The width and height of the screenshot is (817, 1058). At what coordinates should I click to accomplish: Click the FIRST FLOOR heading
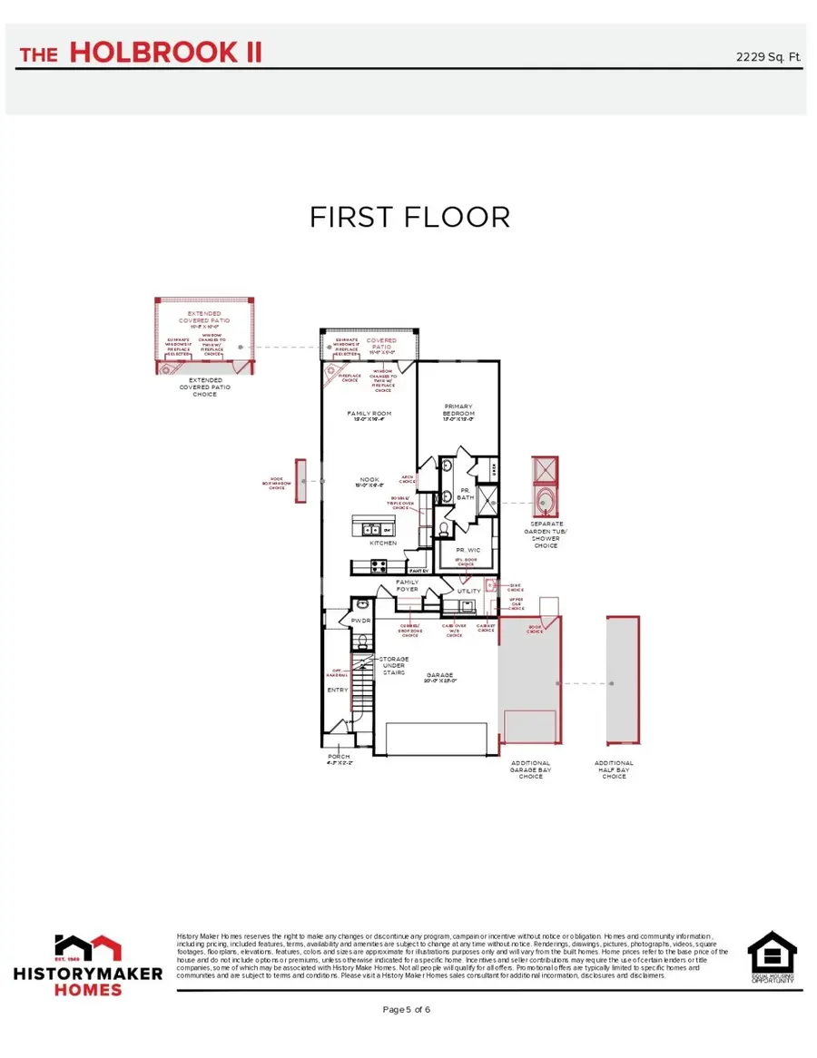click(409, 218)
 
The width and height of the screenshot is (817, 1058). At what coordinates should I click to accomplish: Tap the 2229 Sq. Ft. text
click(768, 57)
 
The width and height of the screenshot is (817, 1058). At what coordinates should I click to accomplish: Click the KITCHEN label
click(382, 543)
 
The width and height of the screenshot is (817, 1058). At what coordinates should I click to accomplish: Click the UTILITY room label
click(468, 591)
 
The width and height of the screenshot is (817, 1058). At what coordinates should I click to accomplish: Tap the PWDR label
click(360, 622)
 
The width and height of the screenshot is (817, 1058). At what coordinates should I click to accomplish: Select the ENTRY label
click(338, 690)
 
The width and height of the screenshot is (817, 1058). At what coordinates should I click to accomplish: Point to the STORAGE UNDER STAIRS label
click(394, 666)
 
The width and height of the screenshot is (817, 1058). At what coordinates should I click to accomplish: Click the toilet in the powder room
click(361, 642)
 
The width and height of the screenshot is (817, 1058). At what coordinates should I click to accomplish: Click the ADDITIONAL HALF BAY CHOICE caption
click(614, 769)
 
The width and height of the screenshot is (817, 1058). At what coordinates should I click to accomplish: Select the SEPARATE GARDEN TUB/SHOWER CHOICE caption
click(546, 535)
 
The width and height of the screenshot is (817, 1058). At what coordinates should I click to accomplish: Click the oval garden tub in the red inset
click(546, 502)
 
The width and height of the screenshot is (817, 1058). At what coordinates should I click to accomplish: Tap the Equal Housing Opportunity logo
click(772, 957)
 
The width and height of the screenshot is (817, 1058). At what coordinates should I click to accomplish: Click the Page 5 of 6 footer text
click(407, 1009)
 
